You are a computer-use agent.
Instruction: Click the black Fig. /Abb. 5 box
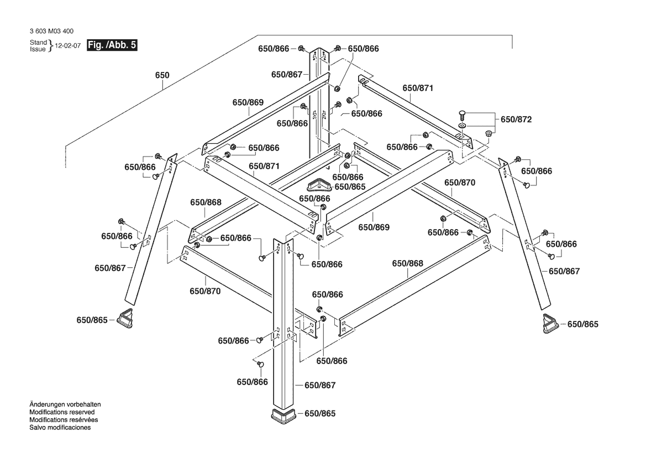113,45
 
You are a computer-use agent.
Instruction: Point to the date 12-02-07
68,46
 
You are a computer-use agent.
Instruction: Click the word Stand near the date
38,43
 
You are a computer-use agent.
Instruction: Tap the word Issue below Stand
38,49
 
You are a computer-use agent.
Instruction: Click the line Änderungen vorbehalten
65,404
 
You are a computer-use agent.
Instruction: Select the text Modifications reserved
62,412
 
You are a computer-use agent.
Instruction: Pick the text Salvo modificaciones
60,428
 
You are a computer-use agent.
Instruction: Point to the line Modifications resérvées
63,420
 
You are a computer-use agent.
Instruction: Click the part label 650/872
516,120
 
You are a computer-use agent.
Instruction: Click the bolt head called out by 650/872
463,115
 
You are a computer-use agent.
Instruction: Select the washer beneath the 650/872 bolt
463,126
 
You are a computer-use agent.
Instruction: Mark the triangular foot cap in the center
318,184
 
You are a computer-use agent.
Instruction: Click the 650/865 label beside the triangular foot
349,187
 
